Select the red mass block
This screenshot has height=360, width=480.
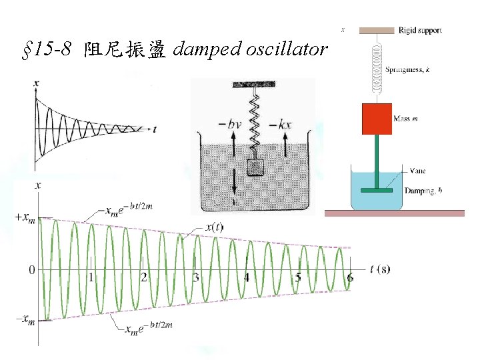tap(377, 119)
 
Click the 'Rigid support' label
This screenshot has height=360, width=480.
tap(420, 30)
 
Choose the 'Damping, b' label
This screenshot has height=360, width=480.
tap(423, 191)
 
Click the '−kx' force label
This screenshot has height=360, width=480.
tap(283, 124)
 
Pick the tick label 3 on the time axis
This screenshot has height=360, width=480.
tap(195, 277)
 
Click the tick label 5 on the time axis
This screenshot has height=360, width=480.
tap(298, 277)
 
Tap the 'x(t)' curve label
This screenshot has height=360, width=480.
tap(213, 227)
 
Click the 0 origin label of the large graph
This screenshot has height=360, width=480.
tap(31, 270)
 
